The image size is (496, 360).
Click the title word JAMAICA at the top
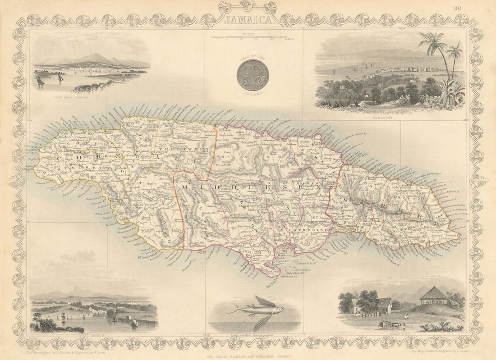tap(248, 20)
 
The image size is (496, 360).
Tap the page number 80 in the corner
tap(458, 8)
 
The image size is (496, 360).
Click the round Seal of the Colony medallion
tap(253, 75)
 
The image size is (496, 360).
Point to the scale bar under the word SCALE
tap(249, 37)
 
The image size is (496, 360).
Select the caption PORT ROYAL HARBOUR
tap(69, 97)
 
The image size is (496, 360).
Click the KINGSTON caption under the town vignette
tap(390, 117)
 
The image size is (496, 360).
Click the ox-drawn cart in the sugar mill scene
tap(389, 324)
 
